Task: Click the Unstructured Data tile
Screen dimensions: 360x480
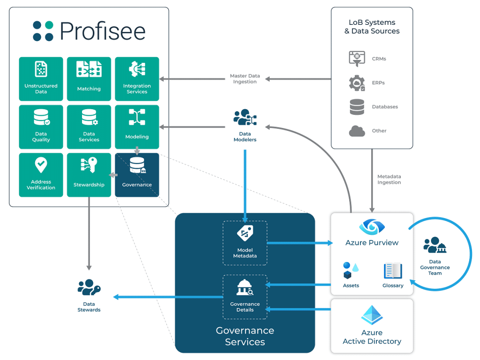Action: pyautogui.click(x=41, y=79)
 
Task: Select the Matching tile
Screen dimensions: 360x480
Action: pyautogui.click(x=89, y=79)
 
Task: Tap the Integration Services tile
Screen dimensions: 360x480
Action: pyautogui.click(x=137, y=79)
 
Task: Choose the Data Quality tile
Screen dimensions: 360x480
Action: pyautogui.click(x=41, y=127)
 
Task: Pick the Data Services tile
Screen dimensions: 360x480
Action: pyautogui.click(x=89, y=127)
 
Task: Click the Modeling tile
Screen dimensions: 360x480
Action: pyautogui.click(x=137, y=127)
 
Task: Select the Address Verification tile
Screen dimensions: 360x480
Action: pyautogui.click(x=41, y=175)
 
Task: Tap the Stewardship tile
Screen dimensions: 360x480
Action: pyautogui.click(x=89, y=175)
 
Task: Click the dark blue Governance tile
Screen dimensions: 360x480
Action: pyautogui.click(x=137, y=175)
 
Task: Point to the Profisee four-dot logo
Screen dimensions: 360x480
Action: pyautogui.click(x=43, y=31)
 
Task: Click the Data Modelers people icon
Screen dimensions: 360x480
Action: pyautogui.click(x=245, y=118)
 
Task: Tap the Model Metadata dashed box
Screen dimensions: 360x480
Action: pyautogui.click(x=245, y=243)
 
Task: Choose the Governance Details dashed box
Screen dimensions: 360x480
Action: pyautogui.click(x=245, y=297)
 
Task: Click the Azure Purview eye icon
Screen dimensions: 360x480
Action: pyautogui.click(x=372, y=227)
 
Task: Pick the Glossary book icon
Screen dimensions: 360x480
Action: pyautogui.click(x=393, y=271)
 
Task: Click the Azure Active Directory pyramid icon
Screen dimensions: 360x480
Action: pyautogui.click(x=372, y=315)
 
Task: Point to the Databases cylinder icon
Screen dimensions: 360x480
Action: pyautogui.click(x=357, y=107)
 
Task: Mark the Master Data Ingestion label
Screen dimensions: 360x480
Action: pyautogui.click(x=245, y=79)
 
